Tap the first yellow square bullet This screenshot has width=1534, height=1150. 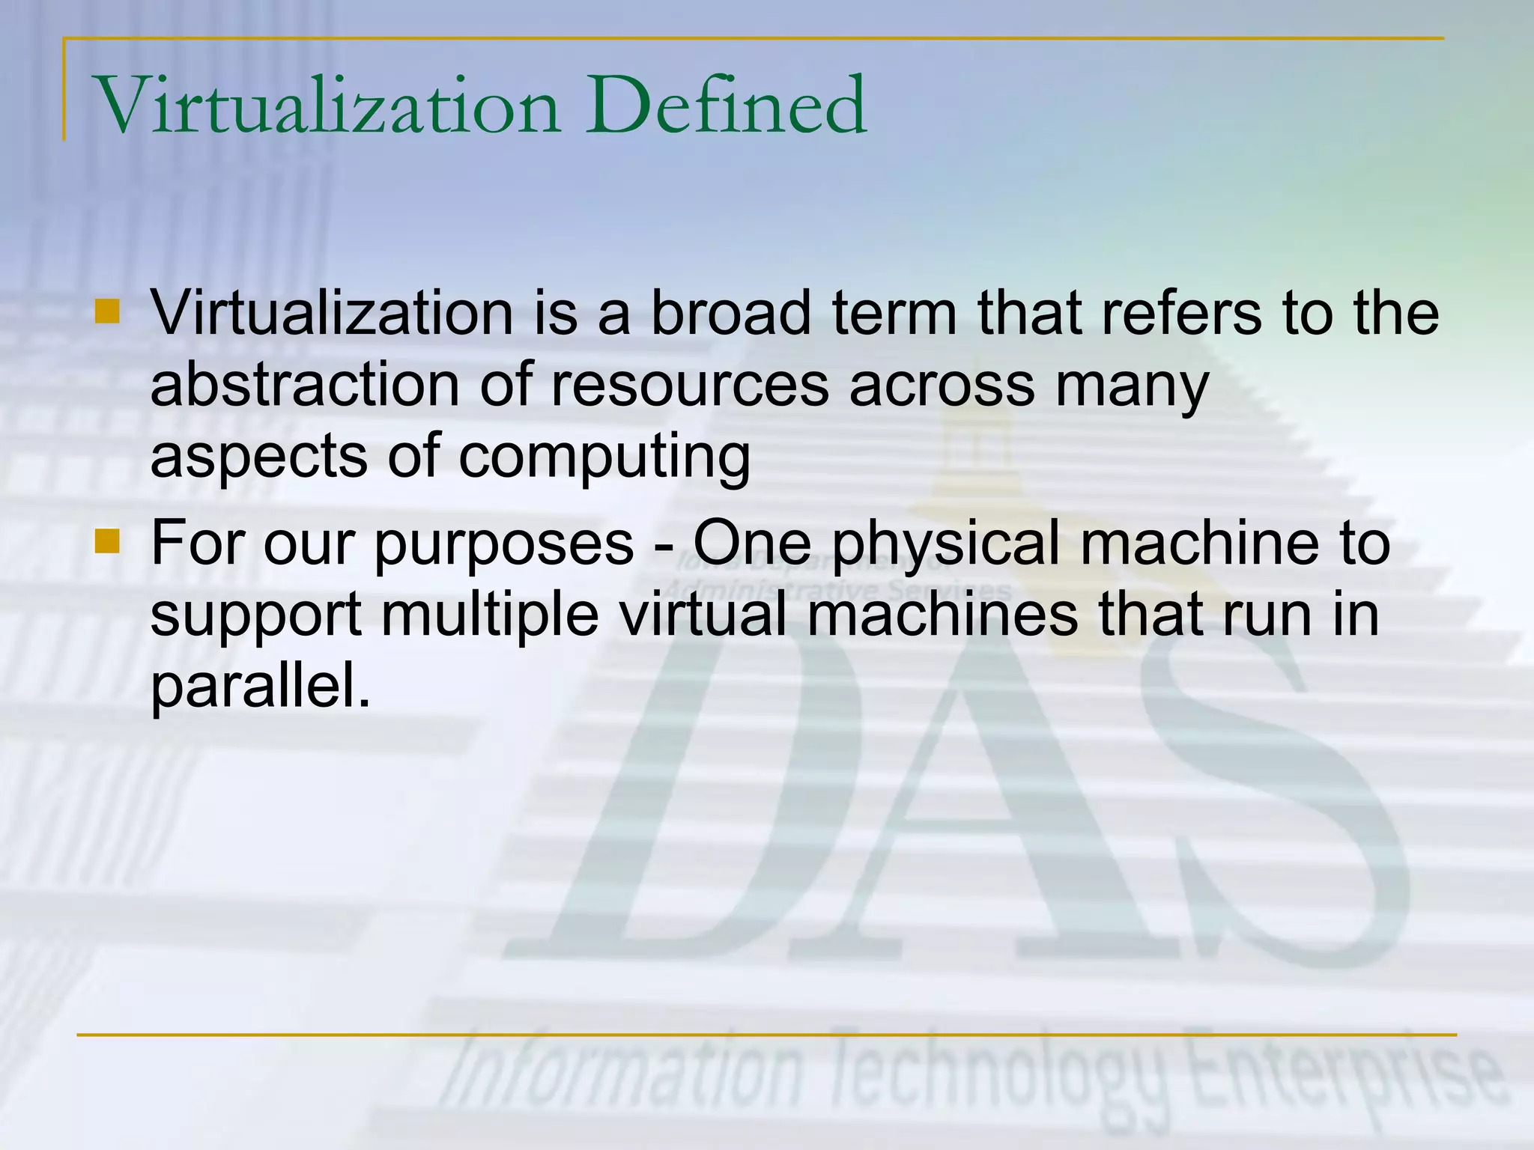pos(108,311)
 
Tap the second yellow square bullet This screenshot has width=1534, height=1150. pos(108,541)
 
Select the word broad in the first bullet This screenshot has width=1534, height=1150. pos(730,313)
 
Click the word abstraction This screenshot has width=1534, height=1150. pos(304,385)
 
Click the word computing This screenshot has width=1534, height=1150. pos(604,458)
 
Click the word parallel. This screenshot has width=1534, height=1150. pos(261,687)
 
